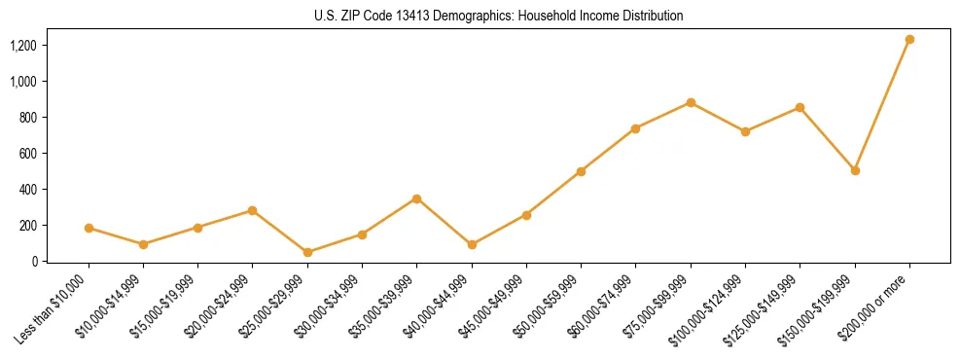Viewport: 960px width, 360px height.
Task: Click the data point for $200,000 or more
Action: pos(909,40)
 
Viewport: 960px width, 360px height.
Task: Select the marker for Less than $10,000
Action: pos(89,229)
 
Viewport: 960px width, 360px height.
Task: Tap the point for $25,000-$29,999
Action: pos(307,253)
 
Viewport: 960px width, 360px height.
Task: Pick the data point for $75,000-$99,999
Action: pos(691,103)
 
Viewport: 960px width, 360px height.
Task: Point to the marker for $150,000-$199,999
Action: pos(855,170)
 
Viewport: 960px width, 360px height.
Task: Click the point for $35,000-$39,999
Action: pos(416,198)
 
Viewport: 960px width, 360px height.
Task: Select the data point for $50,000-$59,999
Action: pos(581,171)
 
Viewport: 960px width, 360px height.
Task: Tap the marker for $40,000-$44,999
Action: pos(472,245)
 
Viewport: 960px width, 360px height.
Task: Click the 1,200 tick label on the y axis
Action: pos(24,46)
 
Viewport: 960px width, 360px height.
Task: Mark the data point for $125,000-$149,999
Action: pos(800,108)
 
